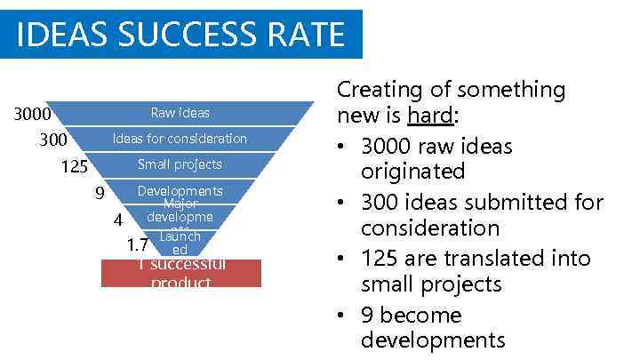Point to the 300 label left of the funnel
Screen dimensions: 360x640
(53, 140)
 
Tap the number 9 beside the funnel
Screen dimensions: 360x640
(100, 193)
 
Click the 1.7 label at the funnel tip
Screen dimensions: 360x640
(137, 244)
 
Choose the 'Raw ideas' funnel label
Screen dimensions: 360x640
(180, 113)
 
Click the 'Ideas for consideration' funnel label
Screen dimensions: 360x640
(180, 139)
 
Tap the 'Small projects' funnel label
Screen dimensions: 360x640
(180, 164)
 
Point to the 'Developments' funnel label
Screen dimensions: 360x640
(180, 191)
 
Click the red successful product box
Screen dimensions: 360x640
(181, 273)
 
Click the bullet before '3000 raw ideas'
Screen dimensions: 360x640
(344, 147)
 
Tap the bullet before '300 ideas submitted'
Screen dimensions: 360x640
(344, 204)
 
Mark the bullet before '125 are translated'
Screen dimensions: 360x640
(344, 260)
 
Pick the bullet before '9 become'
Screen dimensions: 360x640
(344, 316)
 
